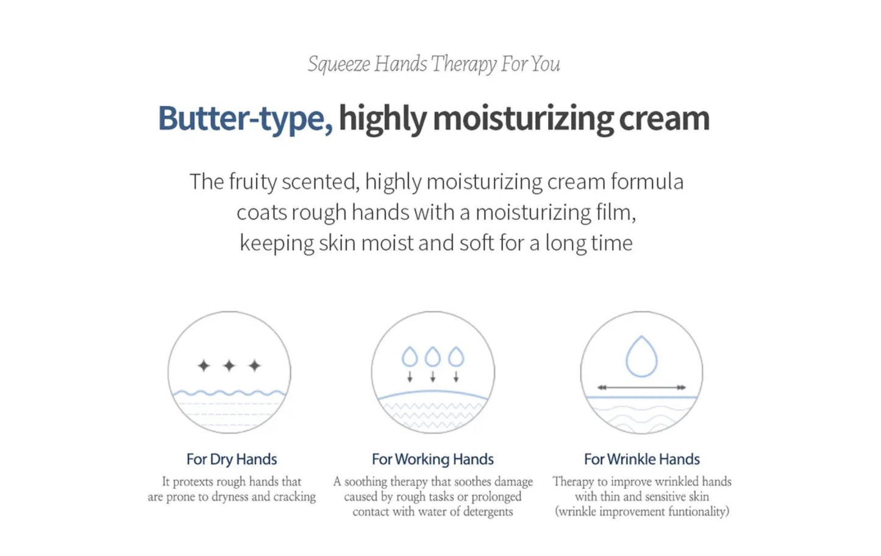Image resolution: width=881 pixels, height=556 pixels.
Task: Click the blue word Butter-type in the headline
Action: coord(245,119)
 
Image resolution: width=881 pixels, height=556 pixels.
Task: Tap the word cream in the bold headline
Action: coord(665,119)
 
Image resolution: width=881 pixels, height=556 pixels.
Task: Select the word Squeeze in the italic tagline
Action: coord(338,65)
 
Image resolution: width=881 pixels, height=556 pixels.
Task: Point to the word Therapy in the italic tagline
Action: coord(464,65)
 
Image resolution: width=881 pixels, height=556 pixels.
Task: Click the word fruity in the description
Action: coord(253,182)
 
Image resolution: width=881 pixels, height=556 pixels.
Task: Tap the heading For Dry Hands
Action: coord(232,459)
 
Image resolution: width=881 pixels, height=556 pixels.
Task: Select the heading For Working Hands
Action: coord(433,459)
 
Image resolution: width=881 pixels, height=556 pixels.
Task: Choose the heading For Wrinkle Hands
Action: coord(642,459)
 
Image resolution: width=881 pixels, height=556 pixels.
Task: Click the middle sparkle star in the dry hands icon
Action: coord(229,366)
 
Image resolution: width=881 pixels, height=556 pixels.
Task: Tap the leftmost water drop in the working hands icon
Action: coord(410,356)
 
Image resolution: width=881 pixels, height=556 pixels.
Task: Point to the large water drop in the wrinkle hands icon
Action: coord(641,356)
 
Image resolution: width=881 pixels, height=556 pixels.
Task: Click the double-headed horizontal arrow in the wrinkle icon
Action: coord(641,387)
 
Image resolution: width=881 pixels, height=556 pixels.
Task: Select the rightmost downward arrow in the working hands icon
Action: coord(456,376)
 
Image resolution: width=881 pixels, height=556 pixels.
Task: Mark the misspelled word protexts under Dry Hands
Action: coord(193,482)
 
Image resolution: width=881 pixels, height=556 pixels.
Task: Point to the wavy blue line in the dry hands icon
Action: coord(229,393)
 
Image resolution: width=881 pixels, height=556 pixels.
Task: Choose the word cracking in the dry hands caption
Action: coord(294,497)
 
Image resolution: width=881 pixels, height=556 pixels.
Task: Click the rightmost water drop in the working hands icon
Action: coord(456,356)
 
